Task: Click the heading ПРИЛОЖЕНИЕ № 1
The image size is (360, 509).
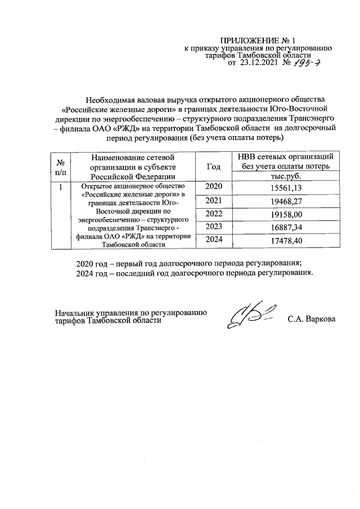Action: pos(249,41)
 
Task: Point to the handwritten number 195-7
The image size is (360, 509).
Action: pos(309,64)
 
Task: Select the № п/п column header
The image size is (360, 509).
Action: pos(60,167)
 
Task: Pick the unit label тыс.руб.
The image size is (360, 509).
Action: pos(287,175)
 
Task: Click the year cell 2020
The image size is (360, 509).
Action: pos(214,187)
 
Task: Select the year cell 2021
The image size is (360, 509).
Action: pos(214,200)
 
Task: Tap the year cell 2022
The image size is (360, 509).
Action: pos(214,214)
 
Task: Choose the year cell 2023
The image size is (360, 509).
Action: pos(214,227)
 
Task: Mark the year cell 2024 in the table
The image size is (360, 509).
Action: pos(214,240)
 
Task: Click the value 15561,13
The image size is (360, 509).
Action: pos(287,188)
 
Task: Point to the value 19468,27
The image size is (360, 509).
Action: pos(287,201)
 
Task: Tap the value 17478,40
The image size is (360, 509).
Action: pos(287,241)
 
